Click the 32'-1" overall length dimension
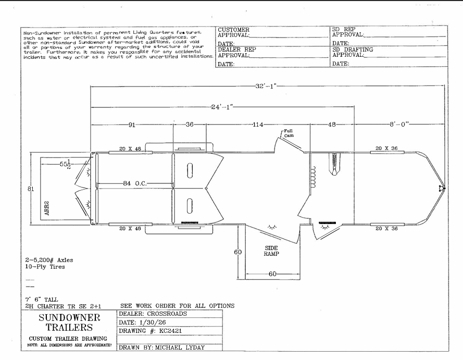pyautogui.click(x=266, y=86)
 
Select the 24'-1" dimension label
pyautogui.click(x=222, y=107)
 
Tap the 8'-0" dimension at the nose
pyautogui.click(x=399, y=125)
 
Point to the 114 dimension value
pyautogui.click(x=257, y=125)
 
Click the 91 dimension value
pyautogui.click(x=132, y=125)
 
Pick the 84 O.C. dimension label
pyautogui.click(x=135, y=183)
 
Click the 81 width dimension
pyautogui.click(x=31, y=189)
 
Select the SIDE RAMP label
pyautogui.click(x=271, y=251)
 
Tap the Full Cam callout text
pyautogui.click(x=289, y=133)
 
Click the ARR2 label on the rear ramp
pyautogui.click(x=47, y=208)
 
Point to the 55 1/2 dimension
pyautogui.click(x=65, y=164)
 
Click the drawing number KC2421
pyautogui.click(x=170, y=331)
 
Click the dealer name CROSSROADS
pyautogui.click(x=167, y=314)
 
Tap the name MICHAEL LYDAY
pyautogui.click(x=180, y=347)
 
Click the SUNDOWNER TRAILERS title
pyautogui.click(x=69, y=322)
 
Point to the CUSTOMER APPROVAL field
pyautogui.click(x=233, y=32)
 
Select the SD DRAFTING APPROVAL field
pyautogui.click(x=353, y=52)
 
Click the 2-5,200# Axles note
pyautogui.click(x=49, y=260)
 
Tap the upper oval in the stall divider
pyautogui.click(x=190, y=170)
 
